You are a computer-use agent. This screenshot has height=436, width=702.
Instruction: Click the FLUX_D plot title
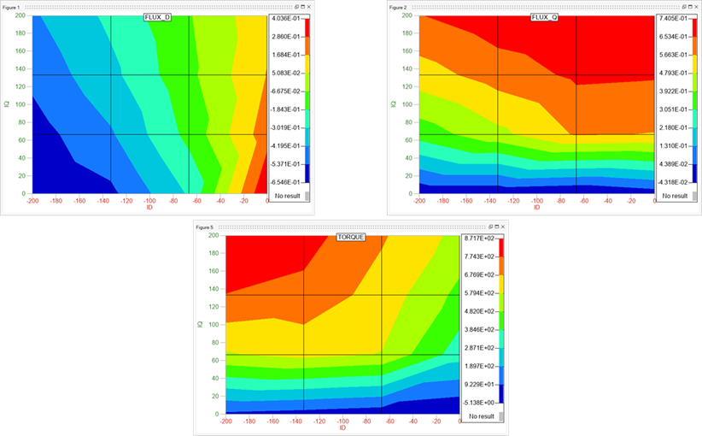click(157, 18)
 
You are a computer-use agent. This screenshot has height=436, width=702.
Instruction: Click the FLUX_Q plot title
click(544, 18)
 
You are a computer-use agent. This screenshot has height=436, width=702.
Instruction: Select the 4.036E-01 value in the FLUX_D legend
click(284, 18)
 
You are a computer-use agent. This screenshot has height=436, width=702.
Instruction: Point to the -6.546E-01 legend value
click(284, 182)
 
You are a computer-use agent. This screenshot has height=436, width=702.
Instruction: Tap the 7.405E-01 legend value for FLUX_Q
click(672, 18)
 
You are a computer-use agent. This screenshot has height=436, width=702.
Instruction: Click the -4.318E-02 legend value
click(672, 182)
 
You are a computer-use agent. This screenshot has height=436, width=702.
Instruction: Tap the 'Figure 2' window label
click(398, 7)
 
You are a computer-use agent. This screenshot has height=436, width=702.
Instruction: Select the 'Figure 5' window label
click(205, 227)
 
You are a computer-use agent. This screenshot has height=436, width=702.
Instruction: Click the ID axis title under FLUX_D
click(149, 208)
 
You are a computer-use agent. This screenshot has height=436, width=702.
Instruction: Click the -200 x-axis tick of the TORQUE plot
click(225, 421)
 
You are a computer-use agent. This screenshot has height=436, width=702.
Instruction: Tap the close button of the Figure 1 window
click(311, 6)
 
